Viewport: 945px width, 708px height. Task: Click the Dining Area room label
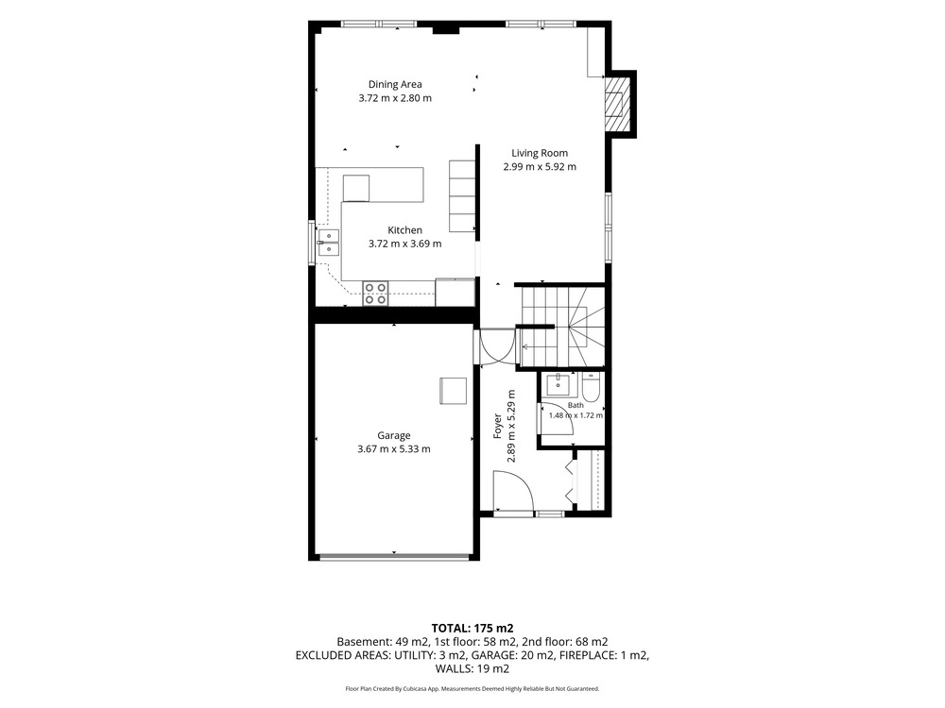395,84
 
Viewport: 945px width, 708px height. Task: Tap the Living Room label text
540,153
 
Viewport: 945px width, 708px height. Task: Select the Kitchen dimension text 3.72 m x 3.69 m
405,244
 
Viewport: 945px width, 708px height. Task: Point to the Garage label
393,435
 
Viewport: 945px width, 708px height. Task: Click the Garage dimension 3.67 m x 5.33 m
393,448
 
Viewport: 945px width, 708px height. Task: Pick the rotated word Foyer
498,427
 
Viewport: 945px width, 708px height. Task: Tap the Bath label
576,405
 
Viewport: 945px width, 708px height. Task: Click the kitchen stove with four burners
375,294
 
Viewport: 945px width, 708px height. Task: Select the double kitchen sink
329,243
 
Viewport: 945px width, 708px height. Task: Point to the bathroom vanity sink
558,384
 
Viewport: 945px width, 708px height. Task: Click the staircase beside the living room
561,326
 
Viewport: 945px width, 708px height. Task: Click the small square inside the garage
453,391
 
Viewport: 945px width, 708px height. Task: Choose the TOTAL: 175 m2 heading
472,629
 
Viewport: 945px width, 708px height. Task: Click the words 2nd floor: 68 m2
565,642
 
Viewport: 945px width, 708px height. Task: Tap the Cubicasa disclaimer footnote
472,688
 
